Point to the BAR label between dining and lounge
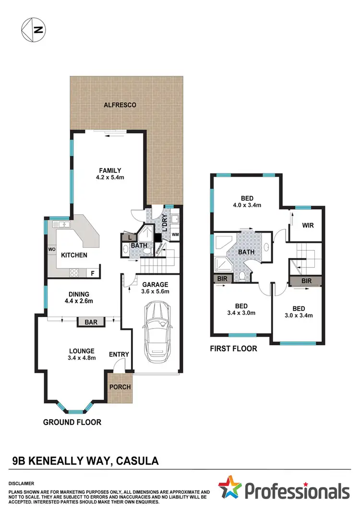(91, 322)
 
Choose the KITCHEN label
(73, 255)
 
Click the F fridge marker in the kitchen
(93, 273)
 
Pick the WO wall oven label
(51, 250)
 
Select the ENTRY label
(119, 355)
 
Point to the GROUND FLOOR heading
(72, 422)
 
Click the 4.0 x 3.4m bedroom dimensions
(247, 206)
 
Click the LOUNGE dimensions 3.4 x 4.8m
(82, 358)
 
